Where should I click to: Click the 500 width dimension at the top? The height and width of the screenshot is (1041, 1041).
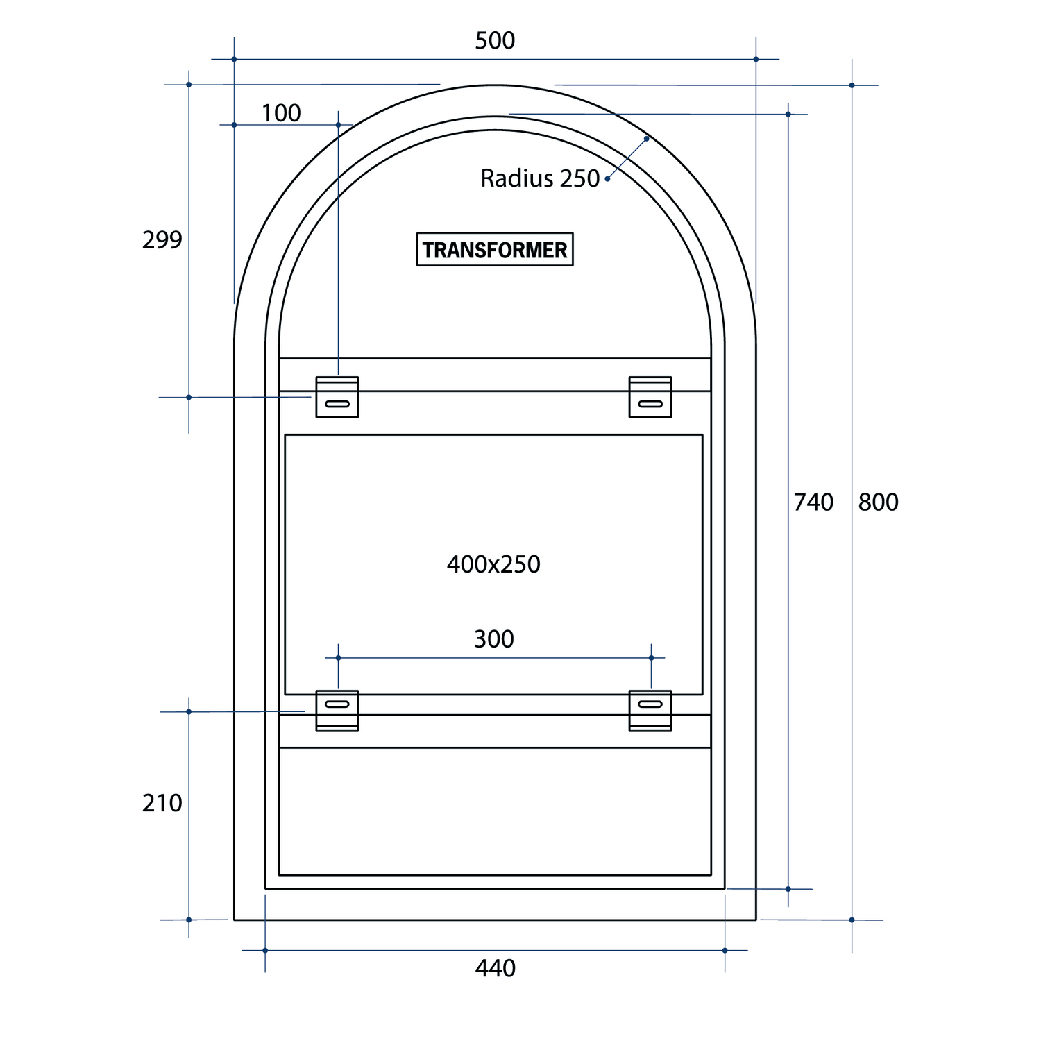point(495,41)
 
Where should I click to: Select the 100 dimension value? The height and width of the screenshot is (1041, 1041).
point(281,113)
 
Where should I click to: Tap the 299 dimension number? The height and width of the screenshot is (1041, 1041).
point(162,240)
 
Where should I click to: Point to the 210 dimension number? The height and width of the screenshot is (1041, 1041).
point(162,803)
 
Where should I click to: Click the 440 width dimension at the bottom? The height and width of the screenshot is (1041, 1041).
point(496,968)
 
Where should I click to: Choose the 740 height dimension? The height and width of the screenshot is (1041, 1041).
point(813,502)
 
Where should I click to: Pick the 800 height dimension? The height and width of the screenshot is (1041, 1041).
point(879,502)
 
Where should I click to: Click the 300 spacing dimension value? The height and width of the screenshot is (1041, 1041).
point(494,639)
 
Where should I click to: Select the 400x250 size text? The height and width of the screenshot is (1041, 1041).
point(493,564)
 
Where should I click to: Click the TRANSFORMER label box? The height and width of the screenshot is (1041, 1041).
point(495,249)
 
